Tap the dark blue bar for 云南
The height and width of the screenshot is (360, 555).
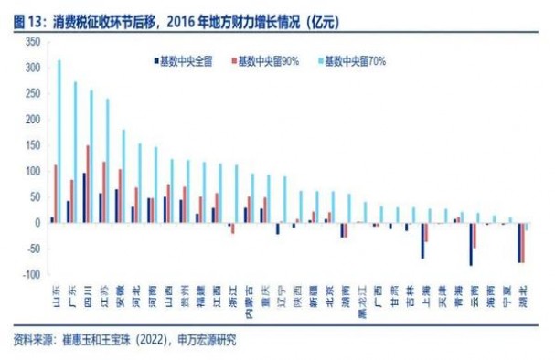pyautogui.click(x=471, y=243)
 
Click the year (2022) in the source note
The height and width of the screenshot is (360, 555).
pyautogui.click(x=150, y=340)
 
